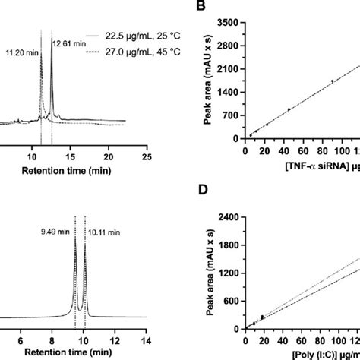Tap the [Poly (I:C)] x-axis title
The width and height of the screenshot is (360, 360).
pos(304,355)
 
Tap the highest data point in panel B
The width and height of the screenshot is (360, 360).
pos(332,81)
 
